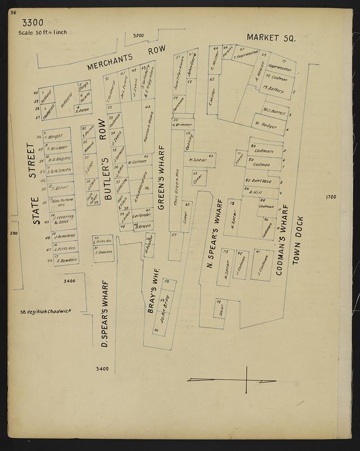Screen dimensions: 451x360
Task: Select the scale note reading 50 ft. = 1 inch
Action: pyautogui.click(x=43, y=32)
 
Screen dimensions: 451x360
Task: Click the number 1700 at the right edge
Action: pyautogui.click(x=330, y=197)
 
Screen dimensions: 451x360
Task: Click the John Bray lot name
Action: pyautogui.click(x=164, y=309)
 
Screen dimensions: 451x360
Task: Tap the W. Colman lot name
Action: pyautogui.click(x=137, y=162)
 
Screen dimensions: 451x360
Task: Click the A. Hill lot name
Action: pyautogui.click(x=257, y=192)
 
